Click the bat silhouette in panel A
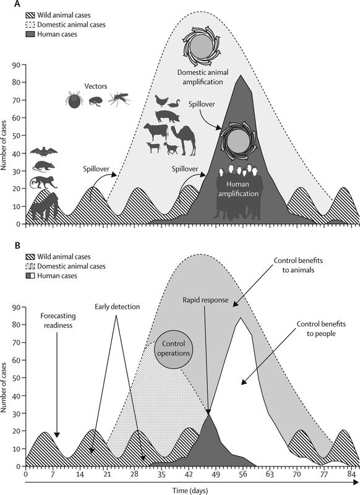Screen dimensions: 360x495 click(43, 152)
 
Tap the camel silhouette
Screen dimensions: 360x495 click(184, 140)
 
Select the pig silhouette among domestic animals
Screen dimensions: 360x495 click(167, 116)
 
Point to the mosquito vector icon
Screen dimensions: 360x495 click(119, 98)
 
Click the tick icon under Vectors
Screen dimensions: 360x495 click(74, 100)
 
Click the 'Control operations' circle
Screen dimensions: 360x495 click(174, 349)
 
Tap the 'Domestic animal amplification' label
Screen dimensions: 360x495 click(202, 77)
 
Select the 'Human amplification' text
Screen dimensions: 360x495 click(238, 189)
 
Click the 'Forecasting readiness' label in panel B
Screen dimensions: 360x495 click(58, 321)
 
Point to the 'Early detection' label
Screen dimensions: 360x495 click(118, 306)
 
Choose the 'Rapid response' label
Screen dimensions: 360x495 click(205, 300)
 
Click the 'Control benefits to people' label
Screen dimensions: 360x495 click(321, 329)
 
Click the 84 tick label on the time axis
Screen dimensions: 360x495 click(351, 474)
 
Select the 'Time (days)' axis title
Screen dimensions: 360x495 click(190, 491)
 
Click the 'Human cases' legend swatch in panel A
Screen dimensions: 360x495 click(30, 34)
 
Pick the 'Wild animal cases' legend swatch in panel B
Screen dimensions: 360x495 click(30, 257)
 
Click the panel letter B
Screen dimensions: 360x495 click(19, 245)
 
